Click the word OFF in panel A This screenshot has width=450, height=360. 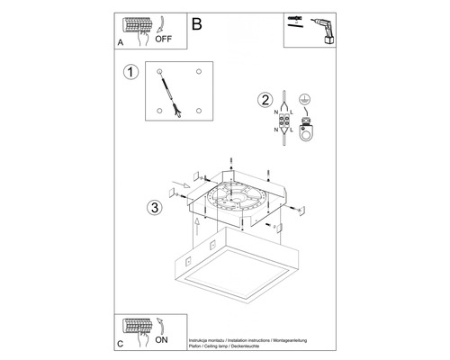pos(163,40)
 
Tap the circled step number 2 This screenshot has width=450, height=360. pos(264,100)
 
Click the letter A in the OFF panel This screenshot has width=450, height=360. pos(121,42)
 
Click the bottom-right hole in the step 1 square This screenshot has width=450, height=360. pos(197,111)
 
